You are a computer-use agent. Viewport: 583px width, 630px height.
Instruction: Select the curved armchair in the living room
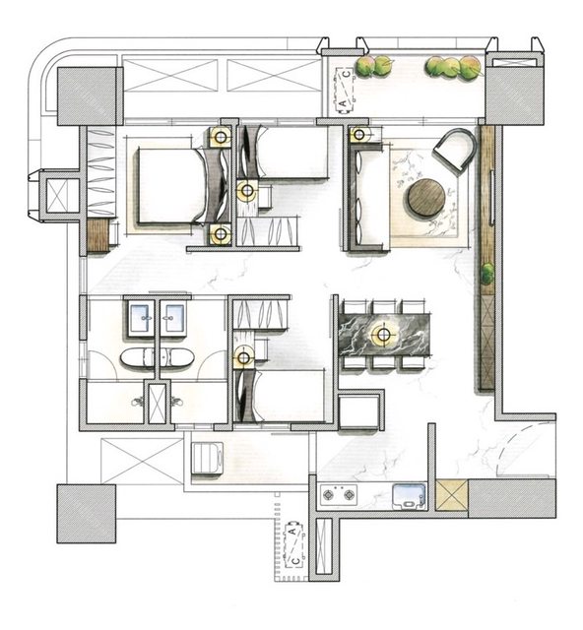click(454, 150)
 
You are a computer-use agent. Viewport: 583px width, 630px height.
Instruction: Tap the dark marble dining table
click(385, 335)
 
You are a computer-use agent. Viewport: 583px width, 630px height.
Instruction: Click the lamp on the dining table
click(384, 334)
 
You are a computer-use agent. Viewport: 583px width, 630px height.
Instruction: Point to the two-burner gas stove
click(339, 494)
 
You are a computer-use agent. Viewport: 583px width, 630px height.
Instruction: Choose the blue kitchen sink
click(409, 496)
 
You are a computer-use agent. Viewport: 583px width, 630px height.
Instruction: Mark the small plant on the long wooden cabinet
click(487, 274)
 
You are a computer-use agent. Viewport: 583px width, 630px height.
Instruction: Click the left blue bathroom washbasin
click(142, 317)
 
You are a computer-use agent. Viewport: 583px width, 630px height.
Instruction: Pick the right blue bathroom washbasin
click(173, 317)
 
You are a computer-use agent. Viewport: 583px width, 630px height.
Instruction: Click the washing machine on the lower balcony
click(208, 459)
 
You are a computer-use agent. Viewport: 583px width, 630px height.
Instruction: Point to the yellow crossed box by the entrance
click(452, 494)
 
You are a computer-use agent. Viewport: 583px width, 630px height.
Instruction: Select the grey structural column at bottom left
click(86, 514)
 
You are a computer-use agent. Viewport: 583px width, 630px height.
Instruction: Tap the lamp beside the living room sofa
click(359, 135)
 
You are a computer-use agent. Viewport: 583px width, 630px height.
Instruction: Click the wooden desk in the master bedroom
click(98, 236)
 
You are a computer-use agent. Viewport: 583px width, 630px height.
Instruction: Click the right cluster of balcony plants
click(454, 66)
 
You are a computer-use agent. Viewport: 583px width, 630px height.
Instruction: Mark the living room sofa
click(368, 198)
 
